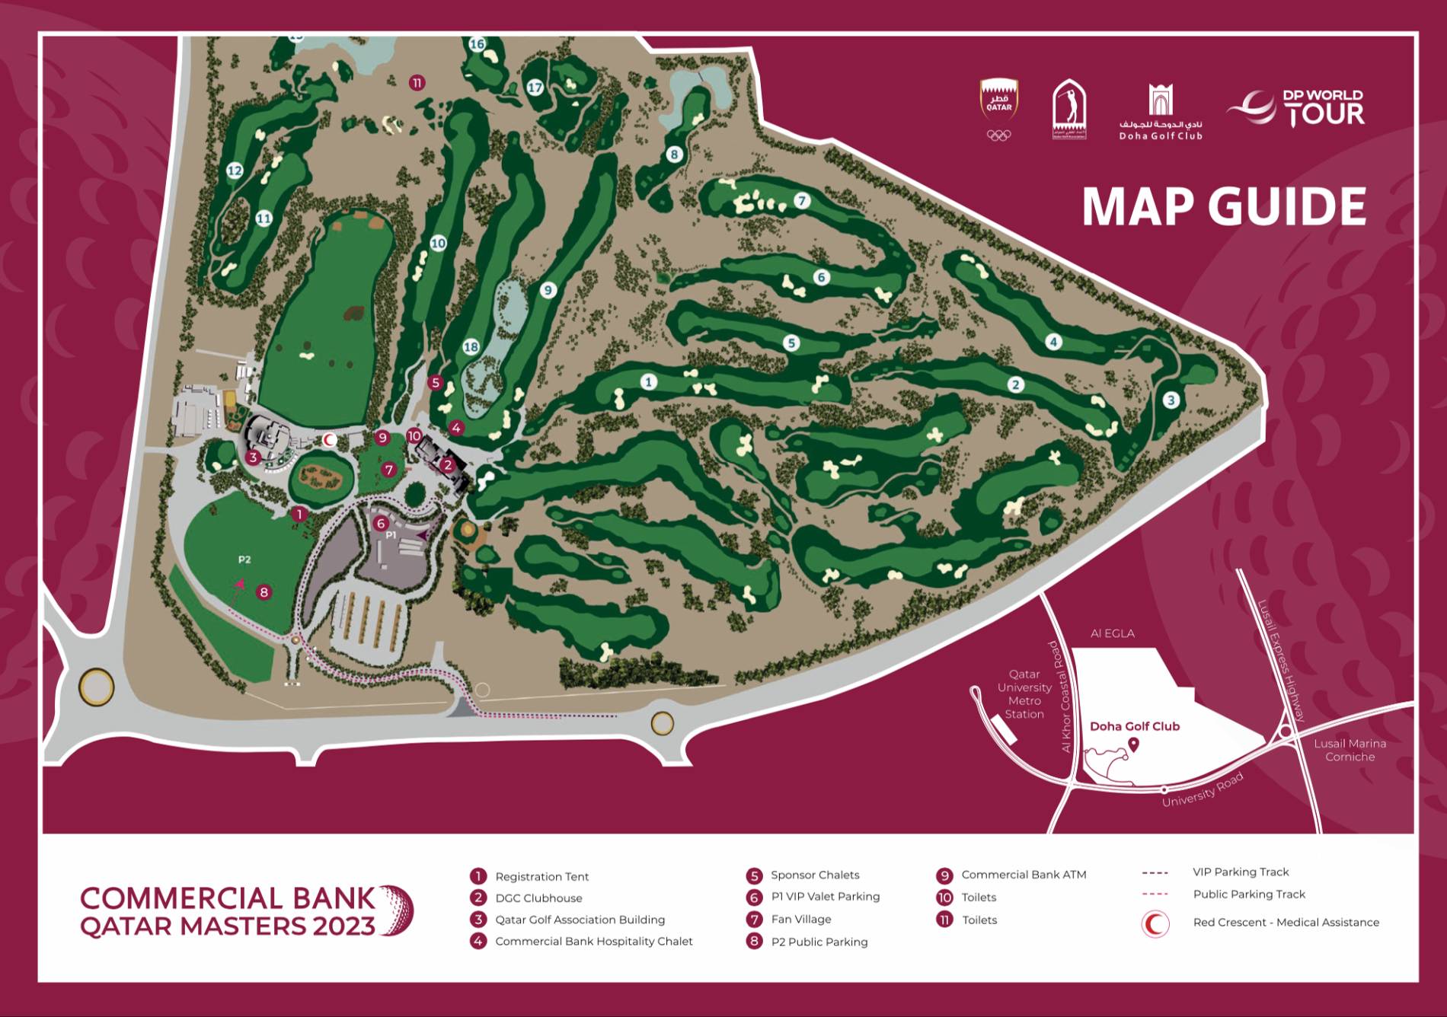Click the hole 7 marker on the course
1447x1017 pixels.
coord(802,201)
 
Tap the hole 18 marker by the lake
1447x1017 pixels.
coord(471,347)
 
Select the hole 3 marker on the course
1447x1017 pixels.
coord(1171,400)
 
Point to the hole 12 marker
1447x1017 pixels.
coord(235,171)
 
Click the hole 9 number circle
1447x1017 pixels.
coord(548,290)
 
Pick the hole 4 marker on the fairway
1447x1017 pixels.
coord(1054,342)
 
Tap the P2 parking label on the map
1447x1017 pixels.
coord(244,560)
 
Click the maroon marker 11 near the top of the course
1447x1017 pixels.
coord(417,83)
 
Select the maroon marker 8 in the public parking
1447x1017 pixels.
coord(264,591)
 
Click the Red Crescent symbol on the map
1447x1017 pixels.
coord(330,440)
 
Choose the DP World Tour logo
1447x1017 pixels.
coord(1295,108)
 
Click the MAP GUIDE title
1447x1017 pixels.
coord(1224,206)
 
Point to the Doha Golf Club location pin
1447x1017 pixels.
coord(1133,744)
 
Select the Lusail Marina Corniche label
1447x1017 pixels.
coord(1350,750)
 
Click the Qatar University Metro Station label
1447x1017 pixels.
coord(1024,694)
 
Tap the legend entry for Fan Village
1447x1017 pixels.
coord(800,920)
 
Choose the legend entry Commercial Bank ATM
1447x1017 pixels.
coord(1023,875)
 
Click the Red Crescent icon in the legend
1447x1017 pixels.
coord(1155,923)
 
